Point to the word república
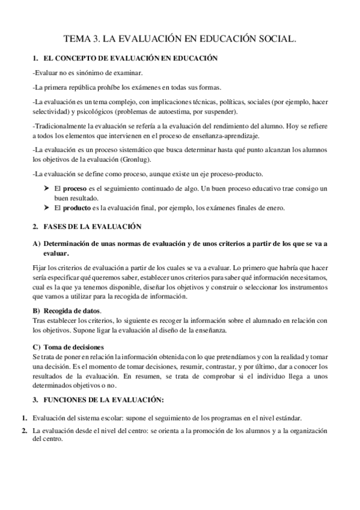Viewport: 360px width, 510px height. [x=82, y=86]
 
